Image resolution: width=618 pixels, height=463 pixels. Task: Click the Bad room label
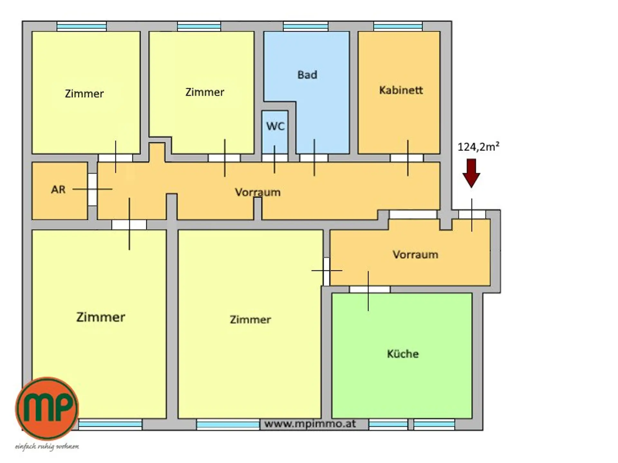pyautogui.click(x=307, y=75)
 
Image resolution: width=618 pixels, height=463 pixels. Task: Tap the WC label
pyautogui.click(x=275, y=126)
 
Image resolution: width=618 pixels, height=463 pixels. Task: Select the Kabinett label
pyautogui.click(x=401, y=90)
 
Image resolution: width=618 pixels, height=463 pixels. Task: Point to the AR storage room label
pyautogui.click(x=58, y=189)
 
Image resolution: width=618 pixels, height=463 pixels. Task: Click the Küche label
pyautogui.click(x=403, y=354)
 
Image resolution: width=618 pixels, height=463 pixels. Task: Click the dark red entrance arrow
pyautogui.click(x=471, y=173)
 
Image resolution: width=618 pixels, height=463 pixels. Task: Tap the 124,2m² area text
pyautogui.click(x=478, y=147)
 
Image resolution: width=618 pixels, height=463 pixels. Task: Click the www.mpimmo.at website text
pyautogui.click(x=310, y=424)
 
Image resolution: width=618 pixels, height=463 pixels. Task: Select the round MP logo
pyautogui.click(x=47, y=408)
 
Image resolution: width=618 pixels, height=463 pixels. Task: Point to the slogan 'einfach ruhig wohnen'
pyautogui.click(x=47, y=447)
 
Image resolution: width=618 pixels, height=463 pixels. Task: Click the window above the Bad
pyautogui.click(x=305, y=26)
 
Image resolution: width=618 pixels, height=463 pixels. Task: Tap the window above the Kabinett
pyautogui.click(x=398, y=26)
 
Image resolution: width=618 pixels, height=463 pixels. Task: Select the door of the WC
pyautogui.click(x=275, y=158)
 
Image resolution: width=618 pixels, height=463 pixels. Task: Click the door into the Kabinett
pyautogui.click(x=407, y=158)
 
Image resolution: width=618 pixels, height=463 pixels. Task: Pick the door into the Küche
pyautogui.click(x=370, y=289)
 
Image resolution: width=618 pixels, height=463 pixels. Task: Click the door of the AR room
pyautogui.click(x=92, y=189)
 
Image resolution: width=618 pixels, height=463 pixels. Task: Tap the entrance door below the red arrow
pyautogui.click(x=472, y=214)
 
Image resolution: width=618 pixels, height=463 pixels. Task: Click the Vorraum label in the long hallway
pyautogui.click(x=257, y=192)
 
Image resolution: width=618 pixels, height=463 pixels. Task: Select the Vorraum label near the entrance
pyautogui.click(x=415, y=255)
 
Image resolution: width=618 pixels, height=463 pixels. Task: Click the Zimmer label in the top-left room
pyautogui.click(x=84, y=94)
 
